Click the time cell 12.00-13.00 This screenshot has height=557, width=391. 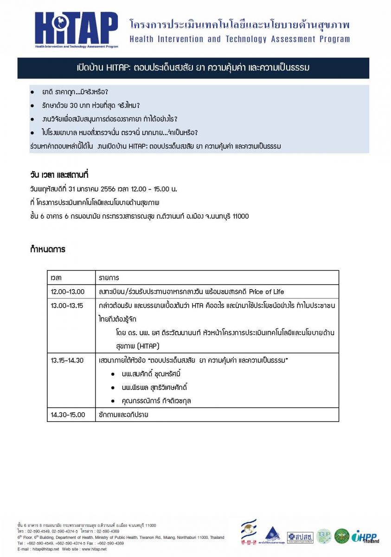[x=68, y=291]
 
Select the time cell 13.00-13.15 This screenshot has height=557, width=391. [x=68, y=305]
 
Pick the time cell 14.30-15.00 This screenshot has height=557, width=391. [x=68, y=415]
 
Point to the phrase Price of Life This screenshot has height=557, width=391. [x=266, y=291]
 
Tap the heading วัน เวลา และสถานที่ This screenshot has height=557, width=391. [x=59, y=175]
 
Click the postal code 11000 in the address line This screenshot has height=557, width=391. [x=239, y=216]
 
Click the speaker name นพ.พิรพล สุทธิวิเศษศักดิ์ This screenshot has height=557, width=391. [x=155, y=387]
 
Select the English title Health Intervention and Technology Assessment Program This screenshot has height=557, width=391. [x=240, y=39]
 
